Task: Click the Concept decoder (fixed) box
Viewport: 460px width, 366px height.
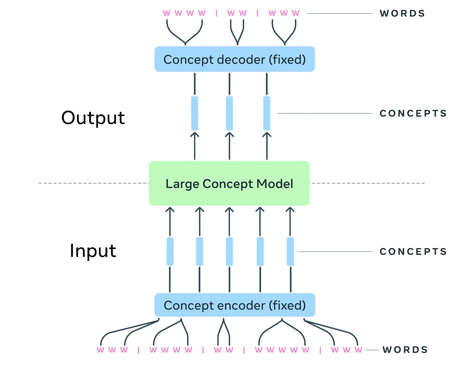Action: (235, 59)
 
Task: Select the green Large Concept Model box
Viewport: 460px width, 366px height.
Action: (229, 183)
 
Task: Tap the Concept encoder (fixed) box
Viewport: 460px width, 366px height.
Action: (235, 305)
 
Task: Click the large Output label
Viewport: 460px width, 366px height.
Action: (93, 118)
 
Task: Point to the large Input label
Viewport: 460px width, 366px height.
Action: (93, 251)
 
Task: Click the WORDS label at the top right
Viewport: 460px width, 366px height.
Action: (402, 14)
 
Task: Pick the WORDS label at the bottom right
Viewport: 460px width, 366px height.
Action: (405, 350)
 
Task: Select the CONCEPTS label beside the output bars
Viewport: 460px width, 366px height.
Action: (413, 113)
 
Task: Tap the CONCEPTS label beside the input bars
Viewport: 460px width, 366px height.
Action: (413, 252)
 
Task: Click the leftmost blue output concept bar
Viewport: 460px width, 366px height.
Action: (195, 113)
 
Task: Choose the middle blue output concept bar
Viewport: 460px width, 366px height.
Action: (229, 113)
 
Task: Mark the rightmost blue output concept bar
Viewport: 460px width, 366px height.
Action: (267, 113)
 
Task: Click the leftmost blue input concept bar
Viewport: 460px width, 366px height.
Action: (170, 252)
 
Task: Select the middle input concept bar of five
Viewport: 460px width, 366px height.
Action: (229, 252)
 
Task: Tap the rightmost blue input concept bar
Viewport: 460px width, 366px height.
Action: (290, 252)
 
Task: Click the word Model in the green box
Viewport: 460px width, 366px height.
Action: (275, 184)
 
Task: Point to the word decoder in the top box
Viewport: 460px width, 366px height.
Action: (241, 59)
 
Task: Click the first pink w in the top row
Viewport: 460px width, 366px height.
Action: (166, 13)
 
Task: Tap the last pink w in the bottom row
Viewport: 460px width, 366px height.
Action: (358, 350)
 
